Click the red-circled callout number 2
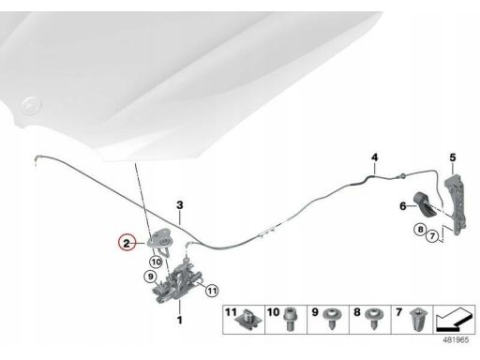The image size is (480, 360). click(x=127, y=243)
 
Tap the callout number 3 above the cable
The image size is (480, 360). click(x=180, y=205)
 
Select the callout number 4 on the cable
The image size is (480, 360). click(x=375, y=157)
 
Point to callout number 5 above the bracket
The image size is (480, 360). click(x=453, y=157)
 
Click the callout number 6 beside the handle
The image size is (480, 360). click(x=403, y=206)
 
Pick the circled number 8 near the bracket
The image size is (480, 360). click(x=421, y=230)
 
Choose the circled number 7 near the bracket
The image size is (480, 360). click(x=432, y=235)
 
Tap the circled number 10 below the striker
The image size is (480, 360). click(x=157, y=262)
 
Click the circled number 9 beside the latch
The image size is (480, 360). click(x=151, y=277)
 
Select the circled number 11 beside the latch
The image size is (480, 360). click(x=212, y=291)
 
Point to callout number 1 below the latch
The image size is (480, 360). click(x=180, y=320)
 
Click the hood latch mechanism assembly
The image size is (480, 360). click(x=177, y=281)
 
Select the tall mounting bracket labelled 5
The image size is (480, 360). click(x=457, y=204)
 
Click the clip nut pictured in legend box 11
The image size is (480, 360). click(x=248, y=320)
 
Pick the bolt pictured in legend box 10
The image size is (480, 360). click(x=290, y=319)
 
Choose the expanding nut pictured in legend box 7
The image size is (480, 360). click(x=416, y=320)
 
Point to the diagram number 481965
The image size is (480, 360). click(x=456, y=339)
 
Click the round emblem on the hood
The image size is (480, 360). click(x=31, y=106)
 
